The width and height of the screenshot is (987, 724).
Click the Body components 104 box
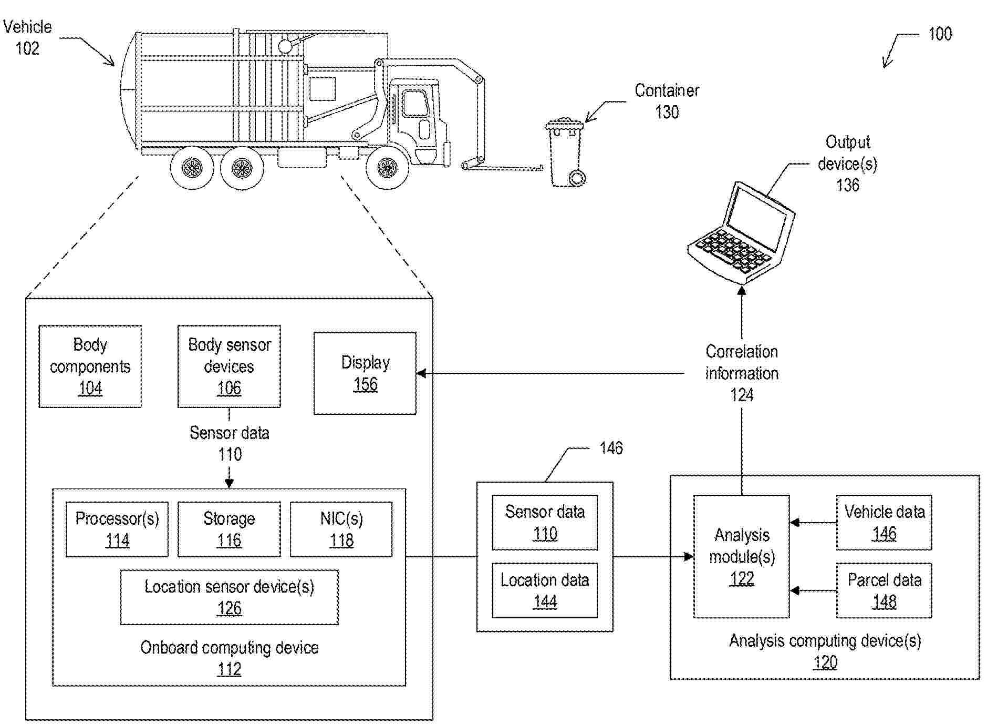(x=90, y=366)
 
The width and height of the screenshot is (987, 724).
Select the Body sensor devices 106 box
(x=229, y=366)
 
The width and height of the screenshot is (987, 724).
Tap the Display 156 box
(x=365, y=373)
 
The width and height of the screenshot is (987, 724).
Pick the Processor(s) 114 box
(x=117, y=529)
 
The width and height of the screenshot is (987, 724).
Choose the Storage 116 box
(x=229, y=529)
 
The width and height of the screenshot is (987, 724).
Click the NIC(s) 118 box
(x=341, y=529)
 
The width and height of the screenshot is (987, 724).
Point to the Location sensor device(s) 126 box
(x=229, y=597)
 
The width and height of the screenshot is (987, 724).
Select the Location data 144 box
(x=545, y=590)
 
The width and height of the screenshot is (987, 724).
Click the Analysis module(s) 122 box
(x=741, y=556)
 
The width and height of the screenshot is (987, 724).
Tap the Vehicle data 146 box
(x=884, y=522)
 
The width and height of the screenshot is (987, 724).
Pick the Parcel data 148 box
(x=884, y=590)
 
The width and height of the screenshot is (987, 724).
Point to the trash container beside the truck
(x=566, y=152)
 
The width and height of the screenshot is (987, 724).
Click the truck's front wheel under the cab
(x=388, y=168)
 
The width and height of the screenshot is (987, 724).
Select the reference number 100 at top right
(x=940, y=34)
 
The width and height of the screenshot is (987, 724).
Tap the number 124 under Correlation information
(x=742, y=395)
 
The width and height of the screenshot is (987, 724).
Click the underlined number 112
(x=229, y=669)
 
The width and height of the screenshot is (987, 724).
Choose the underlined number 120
(x=825, y=662)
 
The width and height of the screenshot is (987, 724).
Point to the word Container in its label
(x=667, y=90)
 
